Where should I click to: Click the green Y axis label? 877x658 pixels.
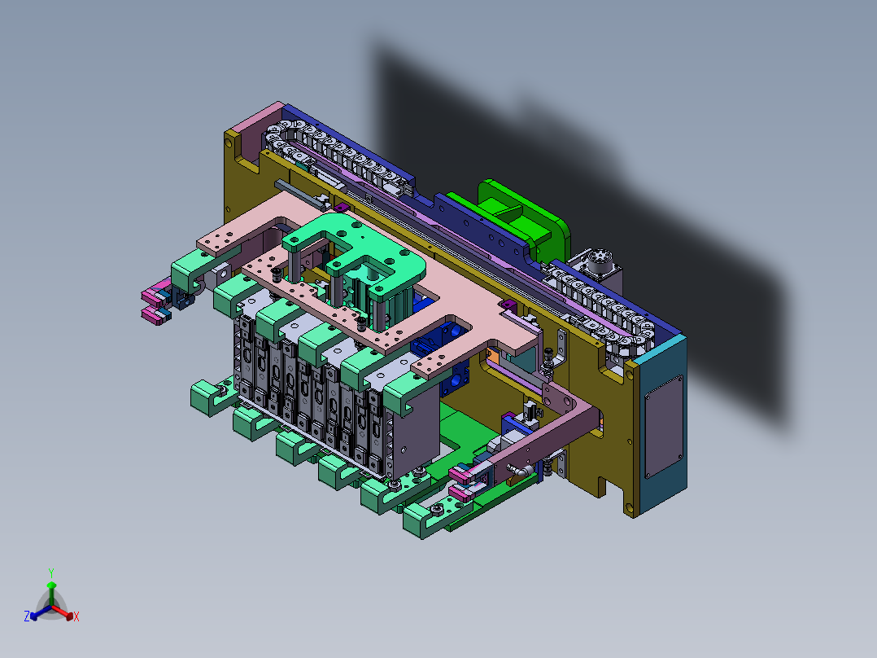(51, 572)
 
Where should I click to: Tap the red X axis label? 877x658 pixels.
(76, 616)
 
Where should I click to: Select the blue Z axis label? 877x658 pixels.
(26, 616)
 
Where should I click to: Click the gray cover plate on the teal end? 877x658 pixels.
(664, 427)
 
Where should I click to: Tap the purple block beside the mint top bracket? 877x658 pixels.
(342, 208)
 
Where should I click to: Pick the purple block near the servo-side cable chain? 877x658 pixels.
(508, 305)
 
